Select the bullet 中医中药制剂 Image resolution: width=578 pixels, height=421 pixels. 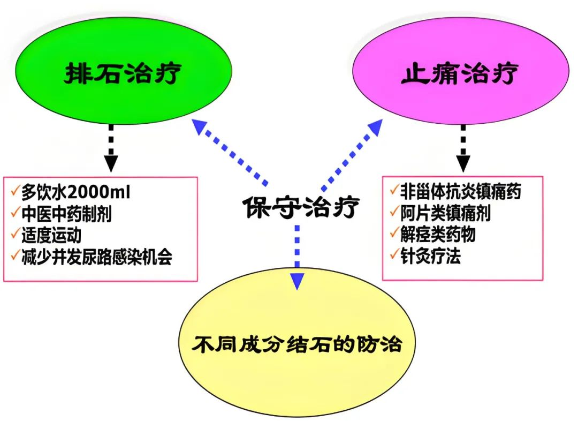tap(67, 214)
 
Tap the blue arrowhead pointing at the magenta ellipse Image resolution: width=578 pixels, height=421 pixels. tap(375, 127)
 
